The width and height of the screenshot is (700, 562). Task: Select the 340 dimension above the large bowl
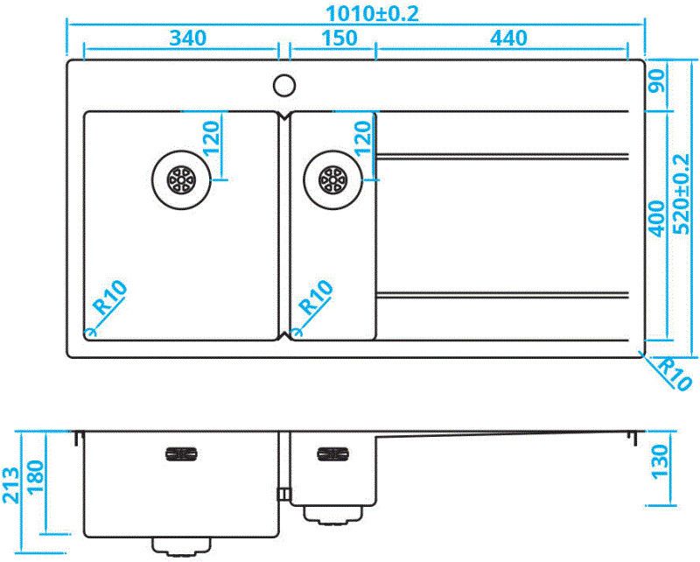pos(186,38)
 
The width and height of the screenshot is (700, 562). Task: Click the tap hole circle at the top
pos(283,85)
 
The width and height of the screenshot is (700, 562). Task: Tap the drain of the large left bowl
pos(181,179)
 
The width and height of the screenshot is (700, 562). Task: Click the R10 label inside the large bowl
pos(110,297)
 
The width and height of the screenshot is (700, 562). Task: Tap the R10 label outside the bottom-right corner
pos(674,374)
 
